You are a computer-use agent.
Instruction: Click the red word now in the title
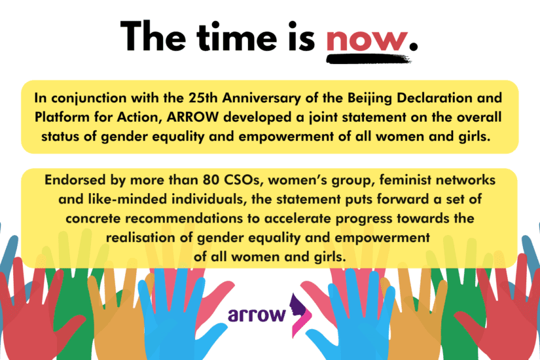pyautogui.click(x=367, y=40)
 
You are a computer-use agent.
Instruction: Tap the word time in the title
pyautogui.click(x=237, y=37)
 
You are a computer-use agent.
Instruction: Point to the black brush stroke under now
pyautogui.click(x=369, y=59)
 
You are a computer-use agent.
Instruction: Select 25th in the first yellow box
pyautogui.click(x=203, y=98)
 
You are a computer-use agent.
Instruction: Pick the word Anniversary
pyautogui.click(x=261, y=99)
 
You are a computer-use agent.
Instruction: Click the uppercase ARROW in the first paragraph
pyautogui.click(x=192, y=117)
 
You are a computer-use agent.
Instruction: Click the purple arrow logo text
pyautogui.click(x=257, y=315)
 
